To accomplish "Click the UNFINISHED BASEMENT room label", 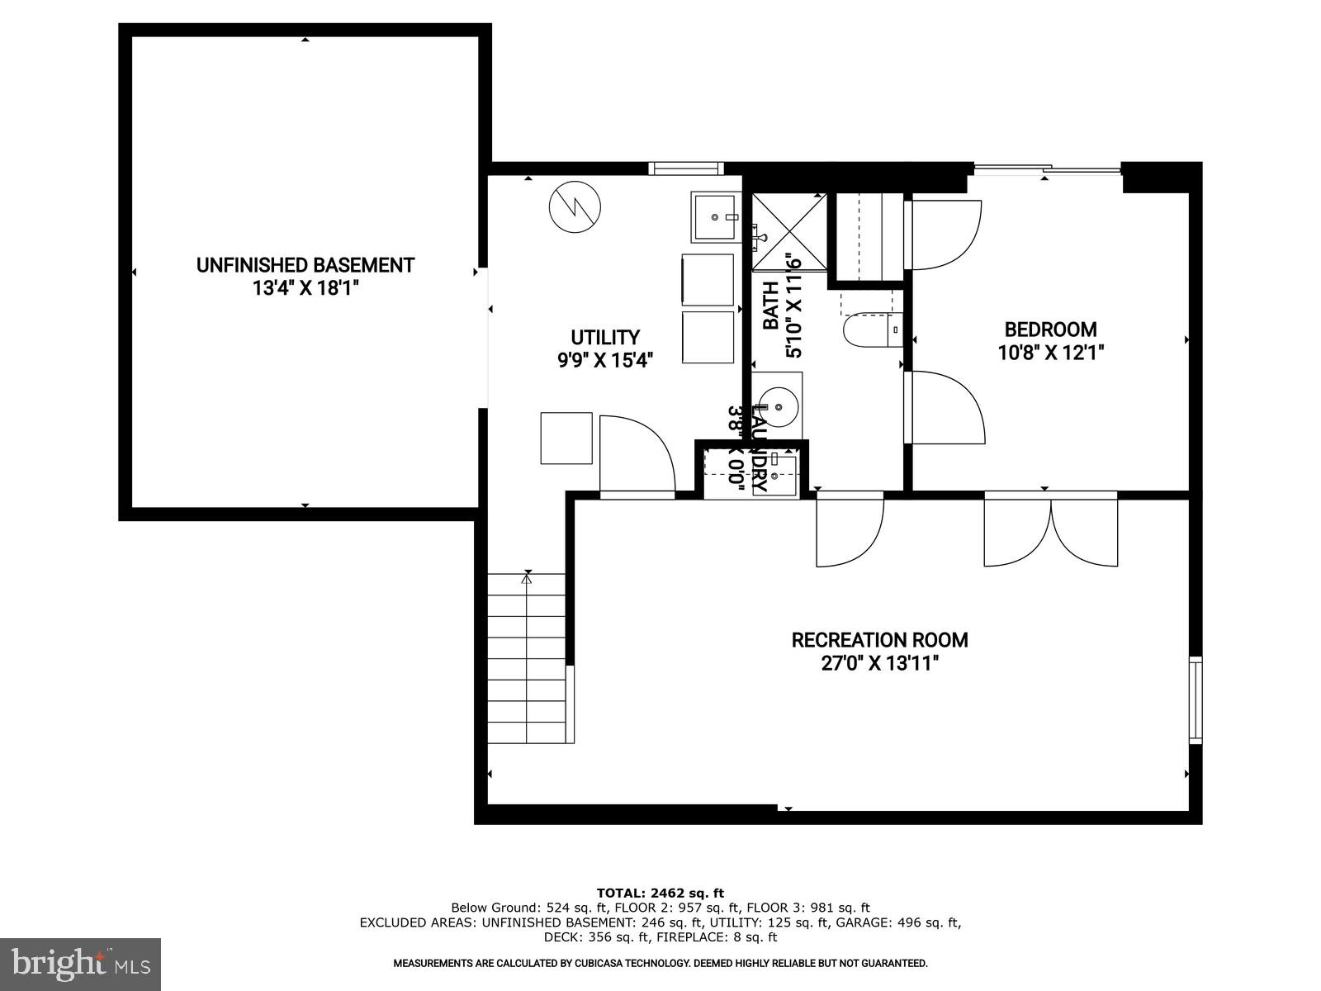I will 305,265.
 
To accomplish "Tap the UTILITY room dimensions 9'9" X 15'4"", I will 605,360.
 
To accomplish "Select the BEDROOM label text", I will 1050,330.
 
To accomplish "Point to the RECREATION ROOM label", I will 879,640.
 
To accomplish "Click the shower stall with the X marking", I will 788,232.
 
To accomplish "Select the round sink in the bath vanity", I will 777,406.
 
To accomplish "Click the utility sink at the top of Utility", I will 716,217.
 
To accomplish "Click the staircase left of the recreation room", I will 527,658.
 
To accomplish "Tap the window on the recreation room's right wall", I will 1195,700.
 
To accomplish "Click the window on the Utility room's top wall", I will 685,168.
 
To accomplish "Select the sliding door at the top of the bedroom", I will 1047,170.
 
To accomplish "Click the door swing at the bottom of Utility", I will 636,454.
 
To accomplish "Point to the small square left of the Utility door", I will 566,438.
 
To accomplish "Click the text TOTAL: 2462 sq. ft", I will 660,893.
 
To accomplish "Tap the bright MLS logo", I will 80,964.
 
